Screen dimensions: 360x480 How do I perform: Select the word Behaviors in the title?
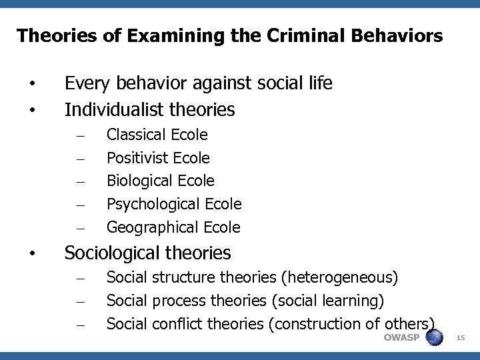(x=402, y=35)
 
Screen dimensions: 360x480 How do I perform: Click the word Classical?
(x=137, y=135)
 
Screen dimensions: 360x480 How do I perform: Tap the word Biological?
(x=138, y=181)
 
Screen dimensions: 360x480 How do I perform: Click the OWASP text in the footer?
(x=401, y=337)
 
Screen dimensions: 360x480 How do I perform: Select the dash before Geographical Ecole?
(x=79, y=228)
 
